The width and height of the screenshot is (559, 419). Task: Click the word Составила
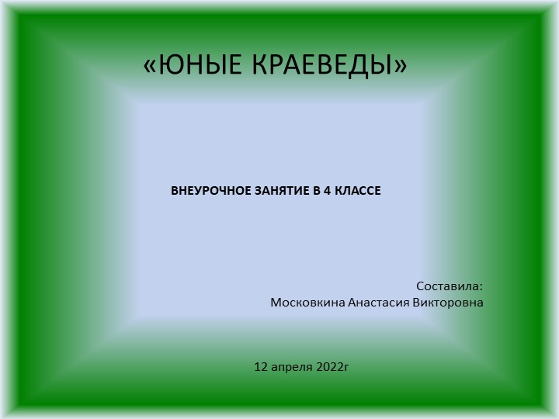coord(448,286)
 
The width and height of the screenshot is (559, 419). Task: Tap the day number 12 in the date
coord(261,365)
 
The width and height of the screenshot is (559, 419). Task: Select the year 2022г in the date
coord(333,365)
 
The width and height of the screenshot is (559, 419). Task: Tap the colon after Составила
coord(481,286)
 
